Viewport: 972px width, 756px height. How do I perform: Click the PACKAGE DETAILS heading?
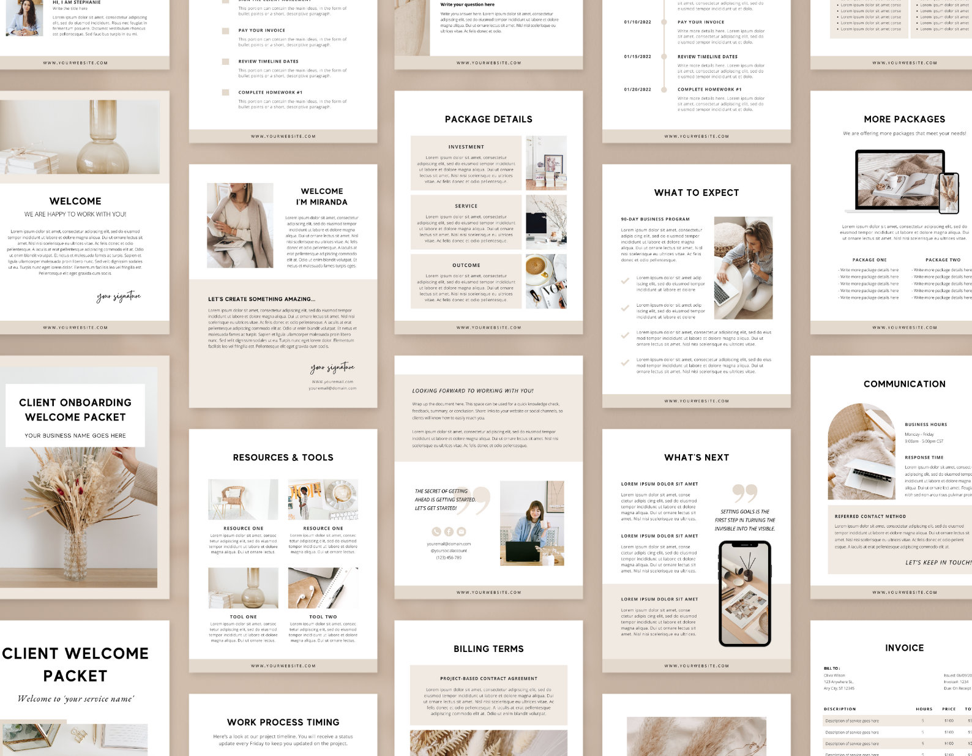point(488,119)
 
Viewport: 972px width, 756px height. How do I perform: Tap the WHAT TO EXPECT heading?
point(697,193)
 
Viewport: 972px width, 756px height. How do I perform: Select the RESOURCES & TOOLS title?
point(283,457)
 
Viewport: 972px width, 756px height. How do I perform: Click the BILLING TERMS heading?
point(488,649)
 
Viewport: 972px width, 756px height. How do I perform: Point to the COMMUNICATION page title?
point(904,384)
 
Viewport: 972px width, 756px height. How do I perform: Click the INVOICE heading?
point(904,648)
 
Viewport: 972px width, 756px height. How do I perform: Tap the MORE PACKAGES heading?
point(904,119)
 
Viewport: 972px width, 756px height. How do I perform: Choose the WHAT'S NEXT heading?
point(697,457)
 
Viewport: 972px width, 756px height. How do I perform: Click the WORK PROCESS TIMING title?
point(283,722)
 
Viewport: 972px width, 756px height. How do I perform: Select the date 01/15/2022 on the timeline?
point(637,56)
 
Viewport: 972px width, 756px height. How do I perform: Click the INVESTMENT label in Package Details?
point(466,147)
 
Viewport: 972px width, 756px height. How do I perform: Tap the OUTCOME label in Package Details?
point(466,265)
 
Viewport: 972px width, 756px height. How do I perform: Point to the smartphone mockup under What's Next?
point(744,593)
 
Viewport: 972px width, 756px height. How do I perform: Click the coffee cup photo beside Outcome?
point(546,281)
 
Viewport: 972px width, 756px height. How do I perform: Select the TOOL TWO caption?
point(323,616)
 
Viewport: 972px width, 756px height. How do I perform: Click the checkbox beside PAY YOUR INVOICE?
point(225,31)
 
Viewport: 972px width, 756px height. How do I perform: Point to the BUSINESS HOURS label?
point(925,424)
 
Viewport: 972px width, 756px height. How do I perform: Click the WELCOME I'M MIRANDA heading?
point(321,196)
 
